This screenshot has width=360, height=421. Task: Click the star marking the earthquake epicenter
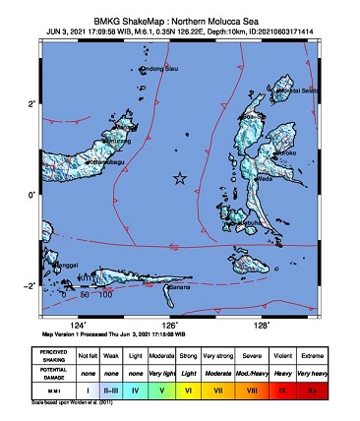(x=179, y=178)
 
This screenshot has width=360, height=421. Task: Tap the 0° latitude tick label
(x=32, y=194)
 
